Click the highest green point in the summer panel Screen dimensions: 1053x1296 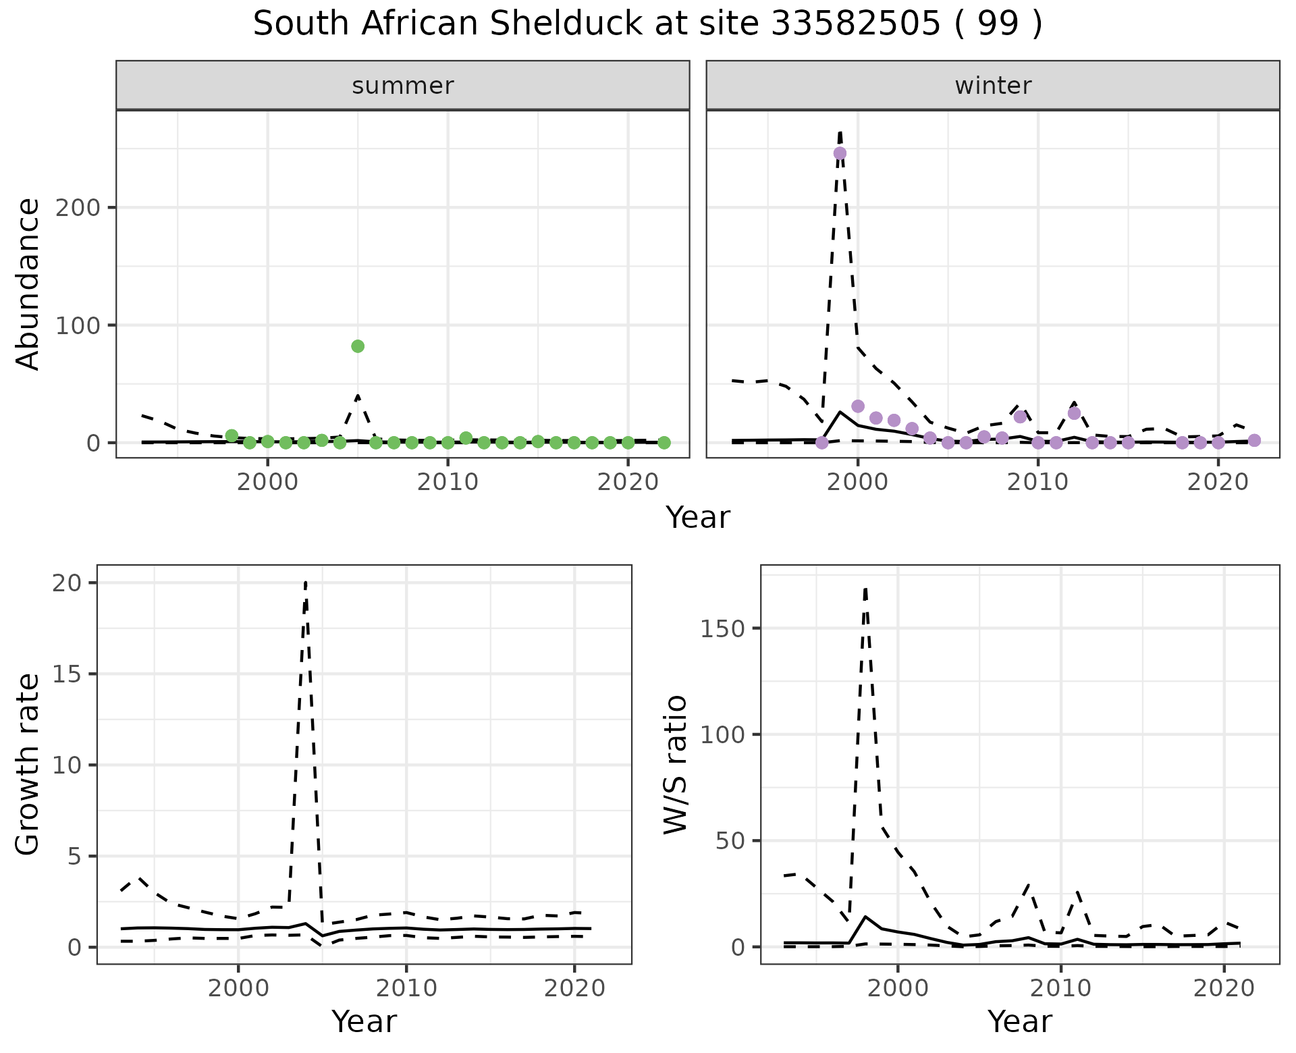(x=358, y=346)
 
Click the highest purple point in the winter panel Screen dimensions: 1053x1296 (x=840, y=153)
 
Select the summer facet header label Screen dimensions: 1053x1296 (x=403, y=86)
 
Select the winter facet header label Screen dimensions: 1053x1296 (x=993, y=86)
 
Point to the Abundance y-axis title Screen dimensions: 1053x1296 (x=28, y=284)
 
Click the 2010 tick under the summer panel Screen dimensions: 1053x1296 (x=448, y=483)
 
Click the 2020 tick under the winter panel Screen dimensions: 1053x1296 (x=1218, y=483)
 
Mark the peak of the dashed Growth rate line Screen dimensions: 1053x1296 (x=306, y=582)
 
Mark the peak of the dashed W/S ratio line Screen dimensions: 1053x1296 (x=865, y=589)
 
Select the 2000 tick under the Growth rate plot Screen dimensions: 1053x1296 (x=238, y=989)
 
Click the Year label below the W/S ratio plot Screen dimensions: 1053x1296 (x=1019, y=1022)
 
